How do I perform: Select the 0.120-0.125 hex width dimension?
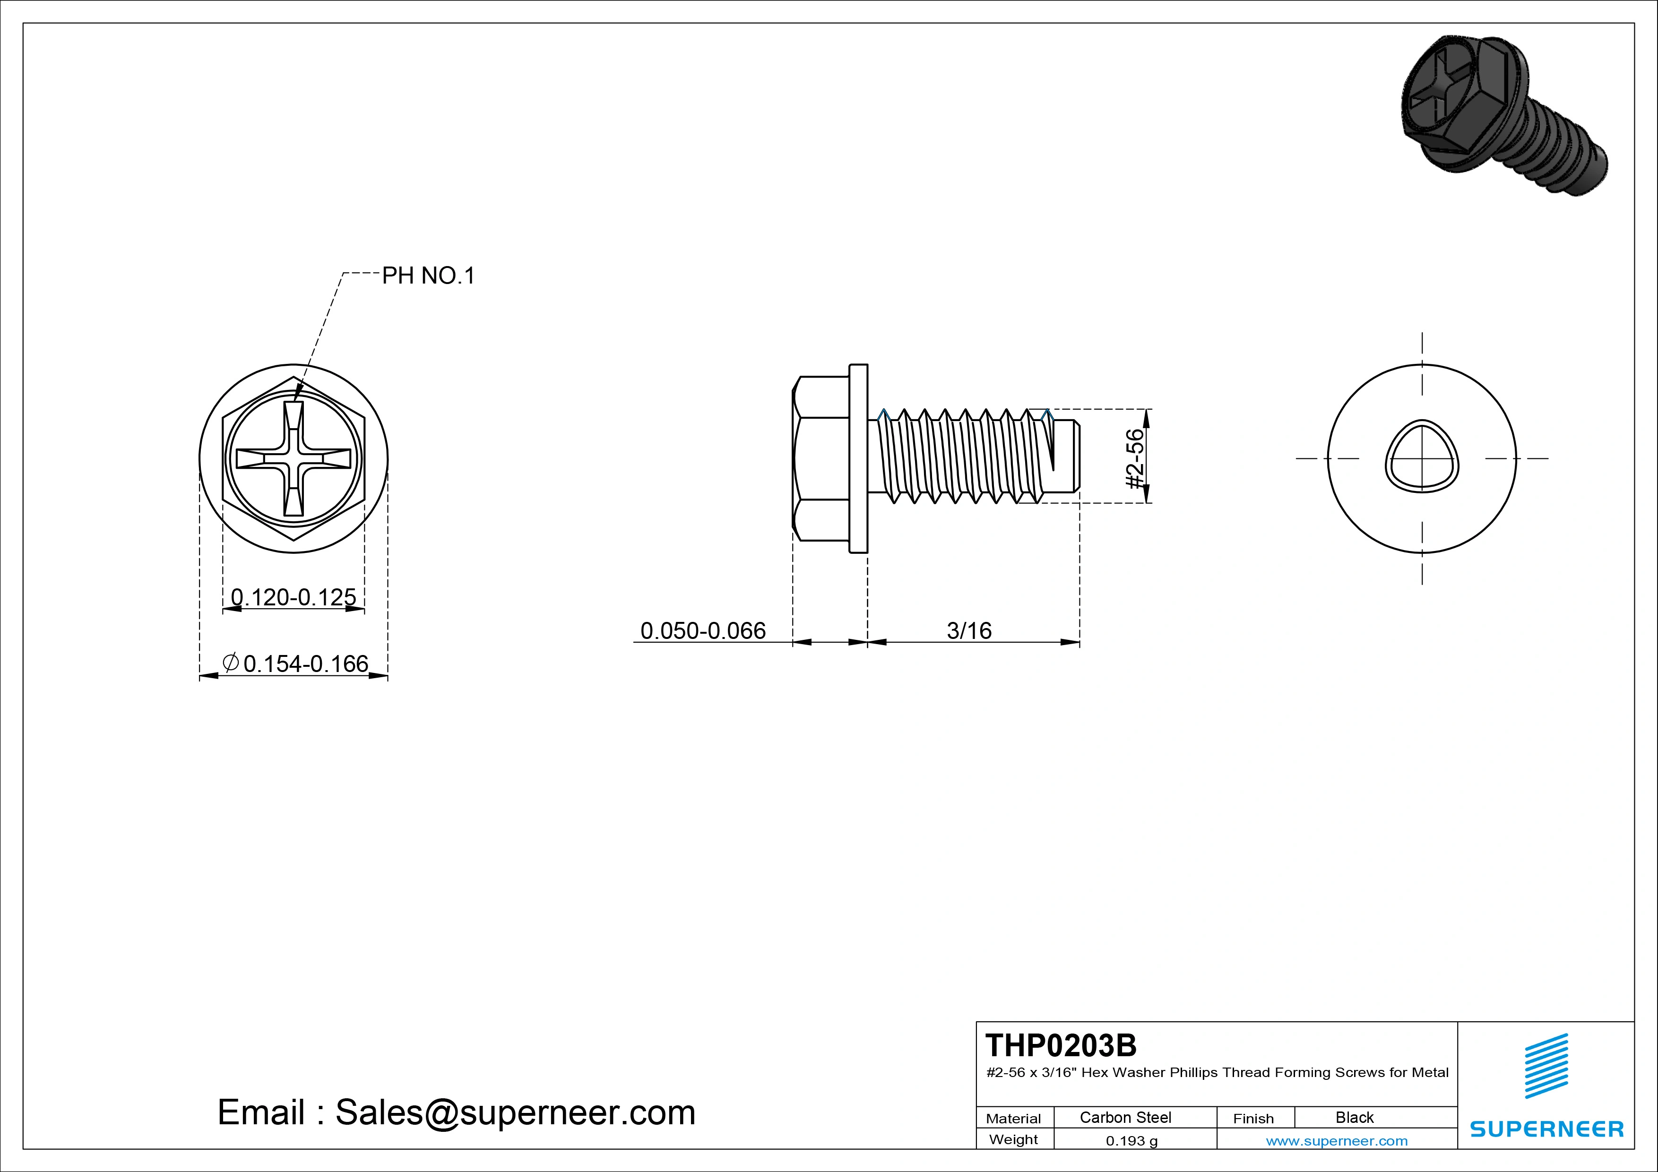coord(293,597)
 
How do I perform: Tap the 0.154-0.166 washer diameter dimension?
coord(295,663)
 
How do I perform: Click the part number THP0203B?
coord(1061,1045)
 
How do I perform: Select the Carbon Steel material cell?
coord(1125,1117)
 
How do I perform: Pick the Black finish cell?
coord(1355,1117)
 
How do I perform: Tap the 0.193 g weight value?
coord(1131,1141)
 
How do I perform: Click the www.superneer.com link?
coord(1337,1141)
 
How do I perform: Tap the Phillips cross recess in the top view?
coord(293,458)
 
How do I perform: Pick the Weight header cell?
coord(1013,1139)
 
